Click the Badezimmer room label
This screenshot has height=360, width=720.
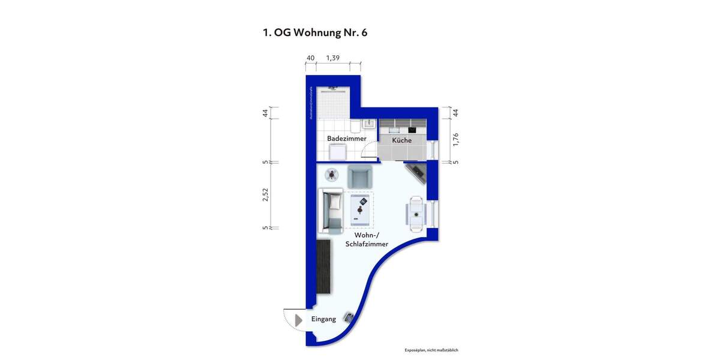346,139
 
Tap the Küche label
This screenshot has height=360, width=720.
401,140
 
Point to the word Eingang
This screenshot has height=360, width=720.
323,319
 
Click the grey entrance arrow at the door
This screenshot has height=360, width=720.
299,320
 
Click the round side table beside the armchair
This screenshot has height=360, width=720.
331,175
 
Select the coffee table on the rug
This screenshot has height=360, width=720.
361,209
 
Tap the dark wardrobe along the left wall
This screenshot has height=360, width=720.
323,266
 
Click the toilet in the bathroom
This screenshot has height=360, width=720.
355,126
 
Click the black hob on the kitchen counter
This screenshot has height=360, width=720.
413,130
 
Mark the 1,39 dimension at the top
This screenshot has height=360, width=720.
333,58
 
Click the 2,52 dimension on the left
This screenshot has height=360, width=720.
266,195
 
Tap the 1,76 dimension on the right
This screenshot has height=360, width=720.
455,139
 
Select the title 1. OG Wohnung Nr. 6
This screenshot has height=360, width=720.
315,33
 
